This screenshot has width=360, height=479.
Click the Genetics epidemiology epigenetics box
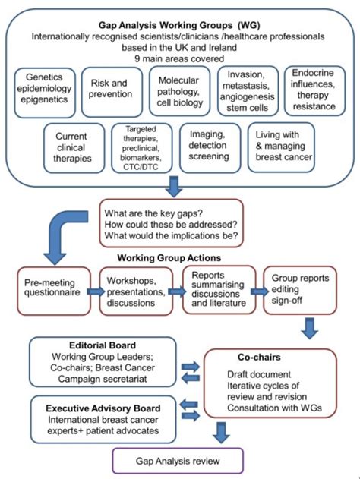pos(47,90)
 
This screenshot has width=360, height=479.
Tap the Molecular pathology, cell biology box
pos(180,90)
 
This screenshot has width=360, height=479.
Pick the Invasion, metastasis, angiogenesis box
pos(245,90)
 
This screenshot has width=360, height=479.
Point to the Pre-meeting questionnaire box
pos(50,289)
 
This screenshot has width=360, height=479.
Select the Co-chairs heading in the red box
pos(267,356)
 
